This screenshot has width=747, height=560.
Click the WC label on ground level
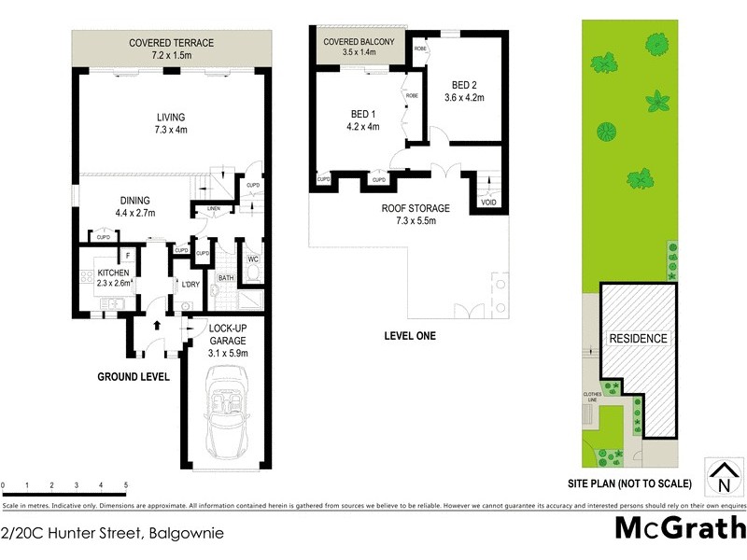(252, 259)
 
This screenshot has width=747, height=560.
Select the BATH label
(226, 278)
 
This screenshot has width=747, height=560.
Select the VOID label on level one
(487, 202)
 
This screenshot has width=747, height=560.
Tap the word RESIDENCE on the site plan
(638, 339)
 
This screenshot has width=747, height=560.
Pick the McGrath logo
(679, 528)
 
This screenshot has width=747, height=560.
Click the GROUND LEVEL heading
(134, 377)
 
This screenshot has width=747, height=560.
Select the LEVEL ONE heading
(410, 336)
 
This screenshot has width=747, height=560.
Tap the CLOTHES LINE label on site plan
(592, 397)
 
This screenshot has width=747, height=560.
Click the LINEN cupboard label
(214, 207)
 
